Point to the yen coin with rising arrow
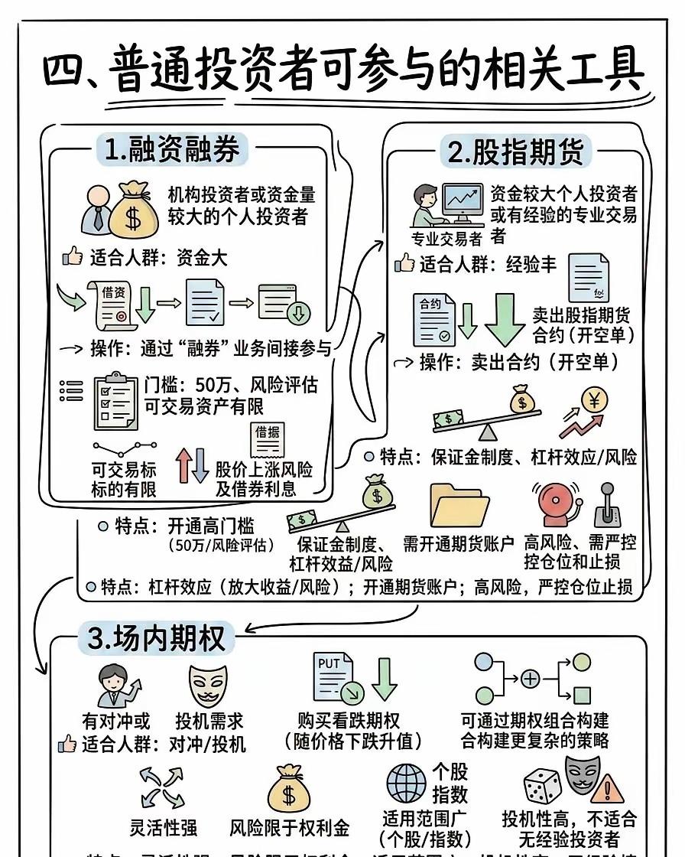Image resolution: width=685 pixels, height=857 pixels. tap(585, 412)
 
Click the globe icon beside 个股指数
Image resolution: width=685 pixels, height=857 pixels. tap(406, 783)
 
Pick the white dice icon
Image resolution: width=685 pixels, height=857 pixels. tap(542, 786)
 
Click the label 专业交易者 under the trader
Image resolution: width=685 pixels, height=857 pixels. tap(447, 239)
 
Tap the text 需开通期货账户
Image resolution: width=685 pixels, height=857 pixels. tap(459, 544)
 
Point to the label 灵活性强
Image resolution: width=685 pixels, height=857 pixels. tap(164, 827)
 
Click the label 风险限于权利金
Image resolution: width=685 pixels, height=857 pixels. tap(290, 827)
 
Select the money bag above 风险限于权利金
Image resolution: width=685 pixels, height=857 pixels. tap(289, 788)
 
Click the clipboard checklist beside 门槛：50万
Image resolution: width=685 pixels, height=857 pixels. tap(115, 400)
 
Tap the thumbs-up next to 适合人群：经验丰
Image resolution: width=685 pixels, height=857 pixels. tap(404, 265)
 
